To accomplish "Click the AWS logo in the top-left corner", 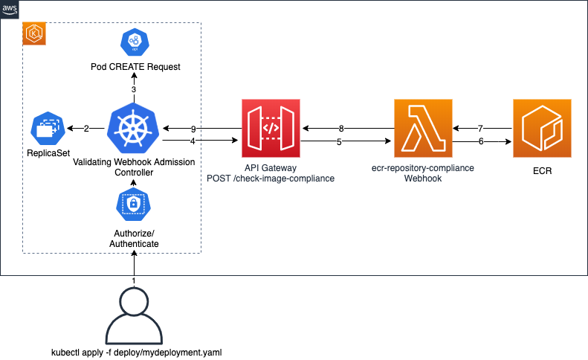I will point(10,10).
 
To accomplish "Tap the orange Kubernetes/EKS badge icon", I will point(34,33).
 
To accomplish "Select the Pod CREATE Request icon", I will point(135,43).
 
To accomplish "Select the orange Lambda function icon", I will point(423,129).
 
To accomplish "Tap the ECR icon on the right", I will point(543,129).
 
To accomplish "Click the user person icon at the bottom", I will point(135,315).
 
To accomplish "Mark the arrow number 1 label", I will point(134,280).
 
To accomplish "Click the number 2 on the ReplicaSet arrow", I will point(86,129).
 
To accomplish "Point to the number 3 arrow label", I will point(134,89).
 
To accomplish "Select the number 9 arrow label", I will point(193,129).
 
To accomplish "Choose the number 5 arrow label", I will point(339,141).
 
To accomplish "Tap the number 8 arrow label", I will point(341,129).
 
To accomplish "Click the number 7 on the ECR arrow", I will point(481,129).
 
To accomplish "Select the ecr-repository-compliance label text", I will point(423,169).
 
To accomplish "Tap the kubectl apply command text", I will point(135,352).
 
